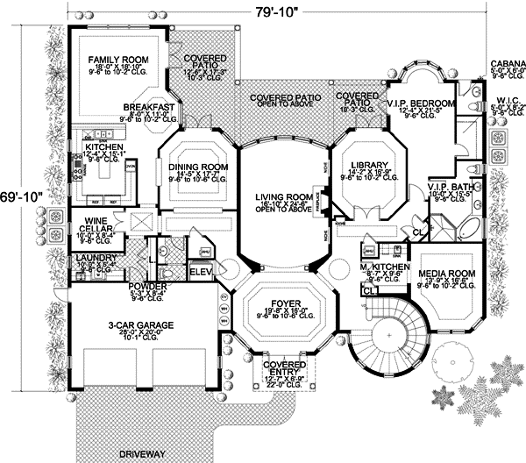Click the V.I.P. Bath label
(x=449, y=187)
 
